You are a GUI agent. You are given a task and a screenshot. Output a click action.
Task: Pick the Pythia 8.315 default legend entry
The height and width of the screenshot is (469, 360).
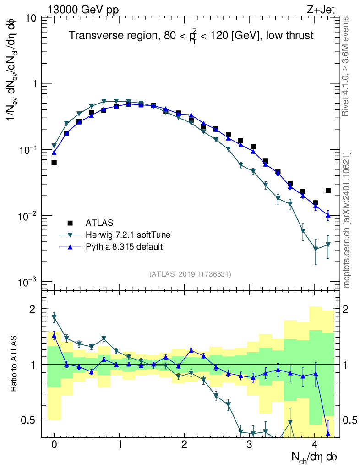tap(124, 247)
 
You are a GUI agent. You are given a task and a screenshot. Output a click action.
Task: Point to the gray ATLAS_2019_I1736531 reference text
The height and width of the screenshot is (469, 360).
tap(190, 274)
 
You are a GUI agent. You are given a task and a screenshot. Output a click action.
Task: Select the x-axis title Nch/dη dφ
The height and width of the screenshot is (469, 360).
tap(315, 457)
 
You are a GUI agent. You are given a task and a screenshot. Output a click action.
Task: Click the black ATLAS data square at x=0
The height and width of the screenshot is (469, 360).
tap(54, 163)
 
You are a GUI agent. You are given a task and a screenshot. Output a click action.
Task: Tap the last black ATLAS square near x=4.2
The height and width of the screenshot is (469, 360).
tap(328, 190)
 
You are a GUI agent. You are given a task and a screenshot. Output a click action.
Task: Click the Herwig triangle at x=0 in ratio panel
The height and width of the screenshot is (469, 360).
tap(54, 317)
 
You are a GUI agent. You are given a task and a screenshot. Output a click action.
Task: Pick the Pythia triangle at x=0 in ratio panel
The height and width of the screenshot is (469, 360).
tap(54, 336)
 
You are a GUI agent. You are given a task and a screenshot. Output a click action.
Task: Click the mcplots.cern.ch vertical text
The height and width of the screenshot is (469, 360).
tap(347, 220)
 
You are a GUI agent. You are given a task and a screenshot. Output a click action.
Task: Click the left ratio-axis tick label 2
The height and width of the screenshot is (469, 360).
tap(33, 310)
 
